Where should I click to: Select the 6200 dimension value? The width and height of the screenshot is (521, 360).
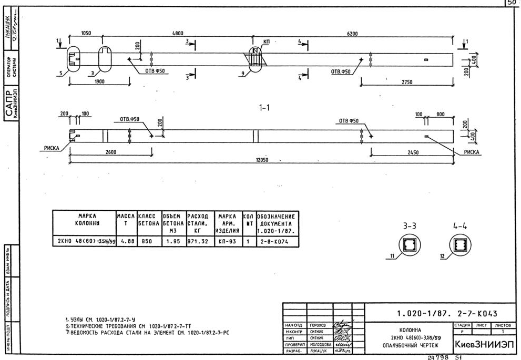click(352, 34)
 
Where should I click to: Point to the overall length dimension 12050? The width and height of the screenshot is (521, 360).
click(261, 160)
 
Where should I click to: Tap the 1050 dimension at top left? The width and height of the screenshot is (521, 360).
click(86, 33)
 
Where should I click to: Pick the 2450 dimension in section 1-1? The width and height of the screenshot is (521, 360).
click(412, 152)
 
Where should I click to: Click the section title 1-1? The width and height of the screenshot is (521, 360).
click(264, 108)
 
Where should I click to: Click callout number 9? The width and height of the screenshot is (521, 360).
click(242, 74)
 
